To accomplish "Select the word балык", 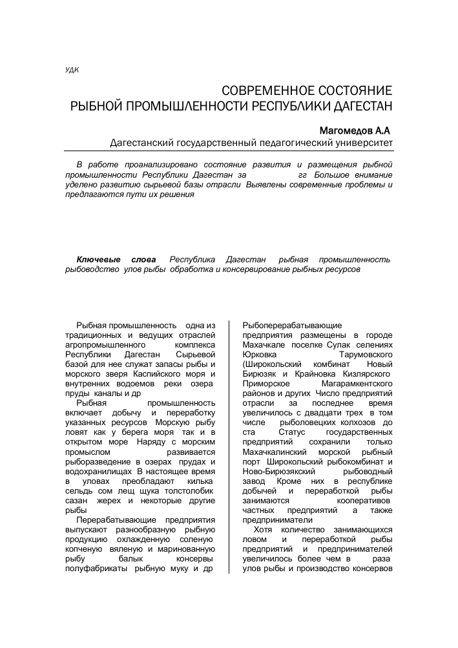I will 125,558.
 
